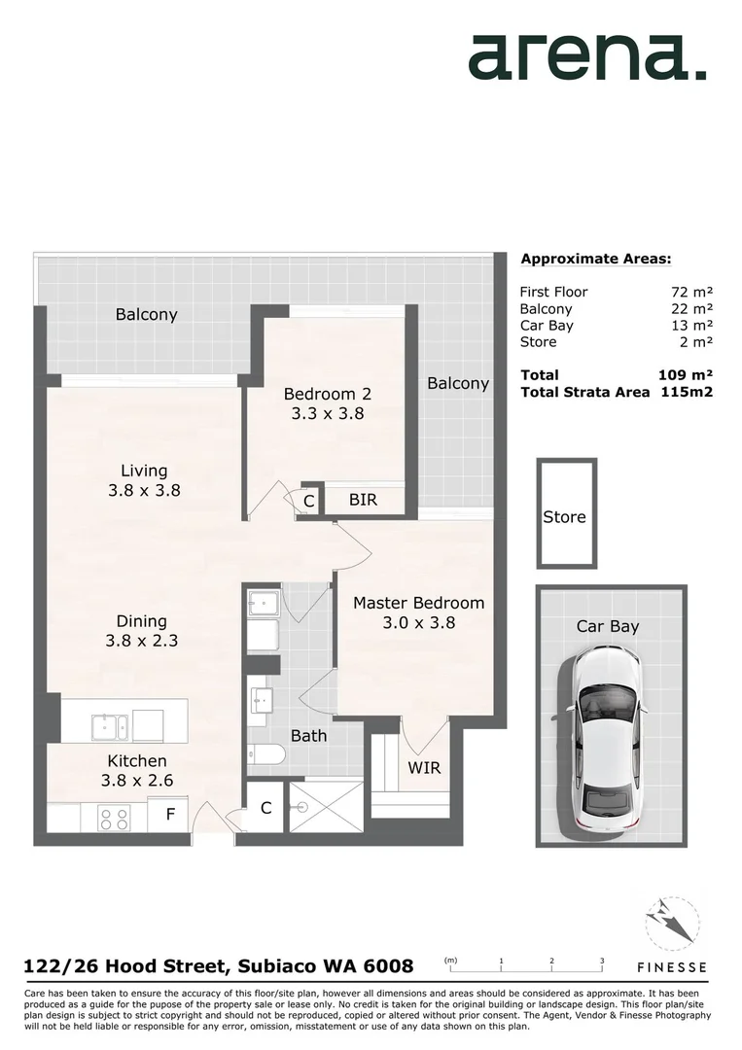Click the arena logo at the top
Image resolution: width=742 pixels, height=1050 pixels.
587,57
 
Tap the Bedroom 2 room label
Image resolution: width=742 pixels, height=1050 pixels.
327,394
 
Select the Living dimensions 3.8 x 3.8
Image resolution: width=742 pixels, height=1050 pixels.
144,491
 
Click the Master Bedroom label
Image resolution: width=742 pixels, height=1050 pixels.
418,603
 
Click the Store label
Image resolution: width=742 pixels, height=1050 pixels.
564,517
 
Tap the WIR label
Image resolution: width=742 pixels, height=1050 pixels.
424,768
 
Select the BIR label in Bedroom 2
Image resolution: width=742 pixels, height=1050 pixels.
363,501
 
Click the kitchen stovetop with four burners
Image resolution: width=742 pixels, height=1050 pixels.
113,819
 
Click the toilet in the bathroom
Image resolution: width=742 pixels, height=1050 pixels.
265,754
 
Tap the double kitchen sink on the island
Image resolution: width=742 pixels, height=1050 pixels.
108,726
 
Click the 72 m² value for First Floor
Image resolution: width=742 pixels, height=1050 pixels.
686,292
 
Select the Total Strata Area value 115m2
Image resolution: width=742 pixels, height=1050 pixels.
686,392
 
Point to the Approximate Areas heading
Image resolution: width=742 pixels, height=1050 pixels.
596,259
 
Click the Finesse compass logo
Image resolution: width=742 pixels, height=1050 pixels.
671,924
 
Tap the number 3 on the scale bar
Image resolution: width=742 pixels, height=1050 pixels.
602,961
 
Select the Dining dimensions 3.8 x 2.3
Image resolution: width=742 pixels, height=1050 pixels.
142,641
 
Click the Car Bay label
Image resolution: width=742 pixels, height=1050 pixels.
608,626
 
